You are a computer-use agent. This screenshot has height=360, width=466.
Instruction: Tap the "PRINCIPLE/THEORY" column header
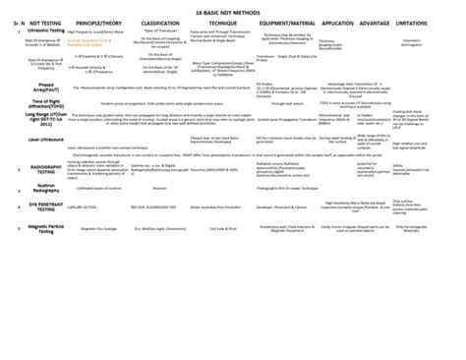point(109,46)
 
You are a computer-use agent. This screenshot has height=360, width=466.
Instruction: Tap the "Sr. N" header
point(12,47)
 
